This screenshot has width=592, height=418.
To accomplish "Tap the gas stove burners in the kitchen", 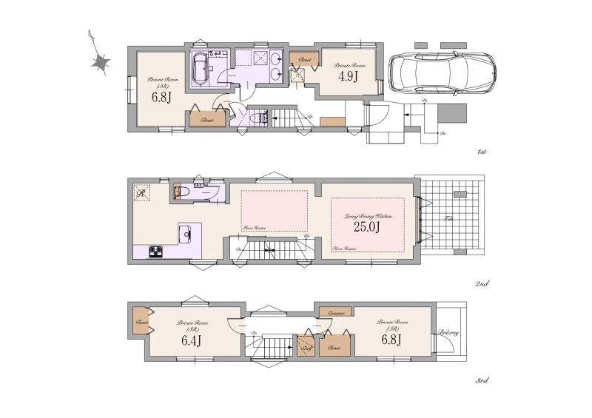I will pyautogui.click(x=157, y=252).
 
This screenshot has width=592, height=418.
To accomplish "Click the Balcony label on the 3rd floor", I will pyautogui.click(x=449, y=333).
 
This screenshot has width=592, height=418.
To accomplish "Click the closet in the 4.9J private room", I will pyautogui.click(x=304, y=58).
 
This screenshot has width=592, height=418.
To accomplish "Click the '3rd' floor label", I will pyautogui.click(x=481, y=381).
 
